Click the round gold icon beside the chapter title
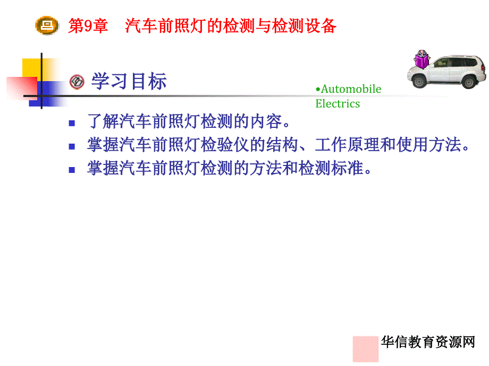(47, 25)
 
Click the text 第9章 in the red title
(88, 25)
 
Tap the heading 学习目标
(129, 82)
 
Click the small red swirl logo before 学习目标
(77, 82)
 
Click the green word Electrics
(338, 103)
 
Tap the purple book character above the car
(422, 59)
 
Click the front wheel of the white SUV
(419, 82)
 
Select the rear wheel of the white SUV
(469, 82)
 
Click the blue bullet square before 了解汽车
(72, 123)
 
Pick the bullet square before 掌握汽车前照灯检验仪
(72, 146)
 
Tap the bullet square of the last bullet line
(72, 170)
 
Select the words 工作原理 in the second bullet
(347, 145)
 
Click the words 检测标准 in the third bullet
(331, 168)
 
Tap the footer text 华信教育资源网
(428, 342)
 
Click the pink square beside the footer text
(366, 349)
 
